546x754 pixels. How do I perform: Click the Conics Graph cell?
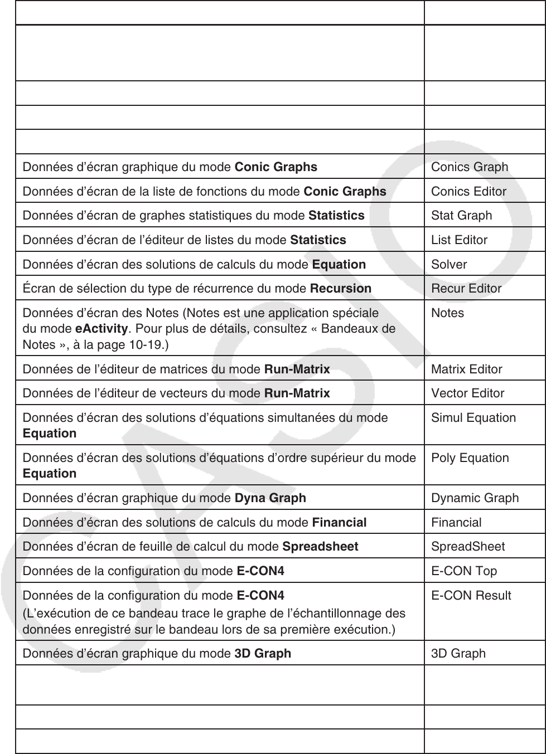(x=469, y=167)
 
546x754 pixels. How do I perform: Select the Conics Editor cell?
(x=468, y=191)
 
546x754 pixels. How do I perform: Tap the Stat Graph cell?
(x=461, y=215)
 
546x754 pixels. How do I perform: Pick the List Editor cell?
(x=459, y=240)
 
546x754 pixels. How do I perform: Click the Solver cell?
(x=449, y=264)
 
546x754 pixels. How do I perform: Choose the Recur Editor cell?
(x=466, y=288)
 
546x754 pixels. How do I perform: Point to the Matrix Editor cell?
(x=466, y=369)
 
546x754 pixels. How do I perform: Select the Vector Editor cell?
(x=467, y=393)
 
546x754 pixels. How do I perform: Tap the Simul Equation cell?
(x=473, y=417)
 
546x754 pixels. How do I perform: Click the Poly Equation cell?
(x=470, y=458)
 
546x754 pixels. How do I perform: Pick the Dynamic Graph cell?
(x=475, y=498)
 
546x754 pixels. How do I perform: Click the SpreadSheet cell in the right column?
(x=467, y=546)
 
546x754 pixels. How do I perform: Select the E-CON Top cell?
(x=463, y=571)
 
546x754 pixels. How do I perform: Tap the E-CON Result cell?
(x=471, y=595)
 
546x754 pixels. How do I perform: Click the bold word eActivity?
(x=101, y=328)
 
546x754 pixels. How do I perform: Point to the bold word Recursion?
(x=340, y=288)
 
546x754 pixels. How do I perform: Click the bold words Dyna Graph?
(x=270, y=498)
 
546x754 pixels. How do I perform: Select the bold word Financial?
(x=339, y=522)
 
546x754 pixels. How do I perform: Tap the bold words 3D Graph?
(x=262, y=653)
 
